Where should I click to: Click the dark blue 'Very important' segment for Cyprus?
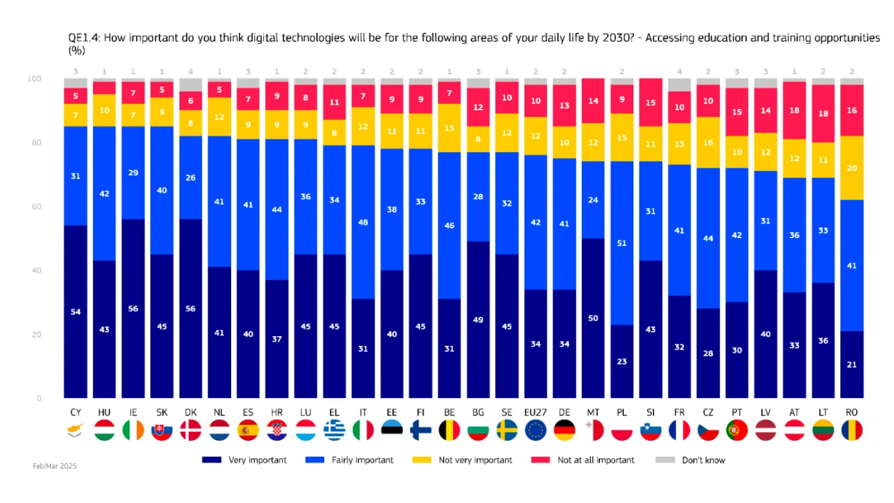pos(75,312)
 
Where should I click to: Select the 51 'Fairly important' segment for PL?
pos(622,243)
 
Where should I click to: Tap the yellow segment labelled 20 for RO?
pos(852,168)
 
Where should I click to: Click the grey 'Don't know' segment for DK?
pos(191,85)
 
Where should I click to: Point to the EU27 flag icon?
pos(536,430)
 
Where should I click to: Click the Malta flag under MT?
pos(593,430)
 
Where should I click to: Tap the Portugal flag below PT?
pos(737,430)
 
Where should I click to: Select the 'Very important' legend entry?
pos(244,460)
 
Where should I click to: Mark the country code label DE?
pos(564,413)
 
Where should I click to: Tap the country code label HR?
pos(277,413)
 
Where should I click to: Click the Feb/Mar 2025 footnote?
pos(54,465)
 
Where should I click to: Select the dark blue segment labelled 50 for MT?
pos(593,318)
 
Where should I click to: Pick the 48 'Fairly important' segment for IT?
pos(363,222)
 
